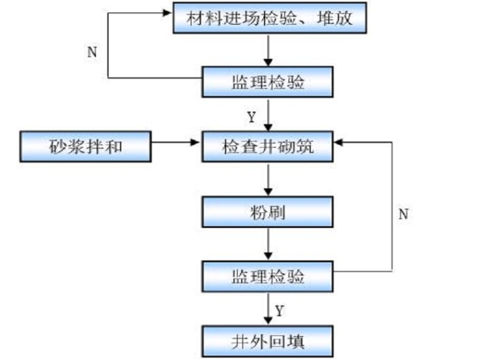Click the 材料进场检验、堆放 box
(270, 19)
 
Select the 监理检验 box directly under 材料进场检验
(268, 81)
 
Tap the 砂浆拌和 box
(86, 147)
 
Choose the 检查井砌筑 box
(268, 147)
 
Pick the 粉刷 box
(268, 212)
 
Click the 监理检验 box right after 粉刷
(268, 276)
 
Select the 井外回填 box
(268, 341)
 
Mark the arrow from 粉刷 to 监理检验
(268, 244)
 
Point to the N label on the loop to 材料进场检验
(92, 52)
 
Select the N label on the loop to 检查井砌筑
(403, 214)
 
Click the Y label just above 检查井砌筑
(251, 117)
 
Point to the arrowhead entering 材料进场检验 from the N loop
(169, 11)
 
